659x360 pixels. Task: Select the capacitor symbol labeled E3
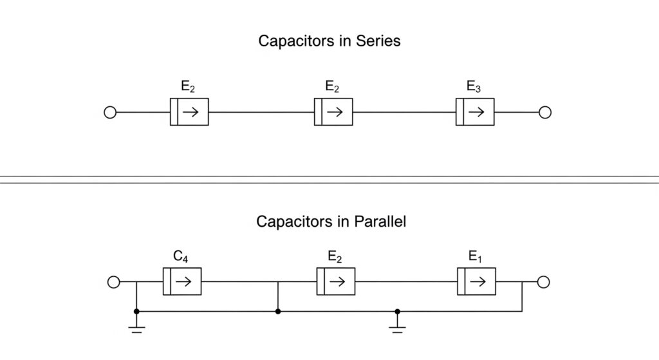[475, 113]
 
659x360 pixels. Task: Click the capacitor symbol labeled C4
[182, 282]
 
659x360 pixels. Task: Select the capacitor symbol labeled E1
[476, 282]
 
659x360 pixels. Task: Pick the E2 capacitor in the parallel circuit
[335, 282]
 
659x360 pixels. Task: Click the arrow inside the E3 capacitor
[478, 113]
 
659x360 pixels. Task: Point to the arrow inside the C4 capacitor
[185, 282]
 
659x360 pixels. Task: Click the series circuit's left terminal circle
[110, 113]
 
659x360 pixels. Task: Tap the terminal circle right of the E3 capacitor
[545, 113]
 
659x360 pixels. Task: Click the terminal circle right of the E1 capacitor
[543, 282]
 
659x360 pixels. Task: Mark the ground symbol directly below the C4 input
[136, 329]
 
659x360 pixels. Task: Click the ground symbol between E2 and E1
[397, 329]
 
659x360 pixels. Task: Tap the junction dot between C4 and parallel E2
[277, 312]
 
